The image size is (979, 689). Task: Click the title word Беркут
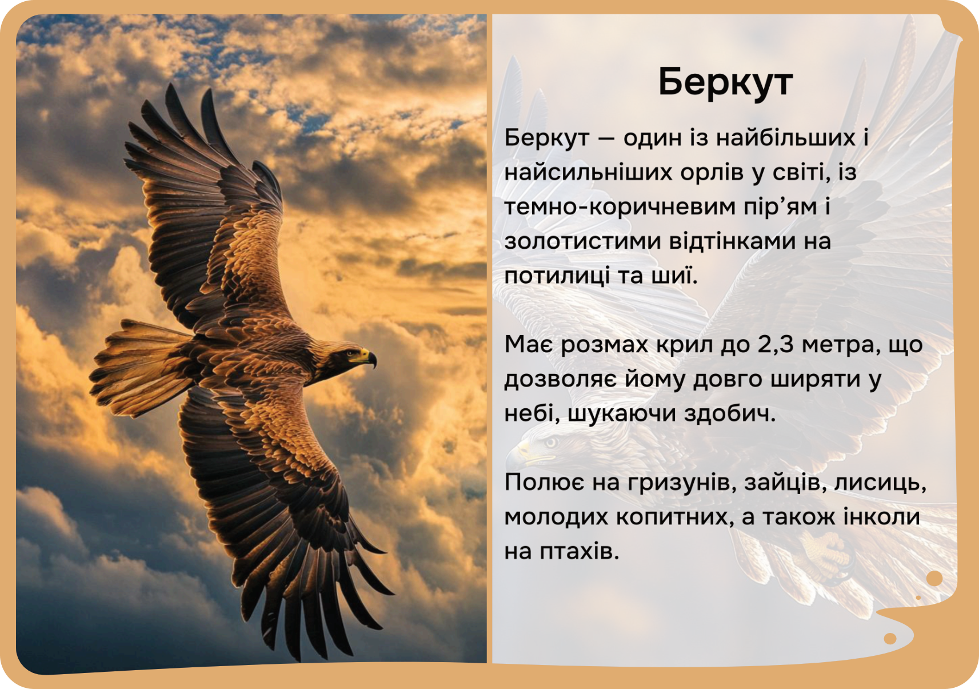725,82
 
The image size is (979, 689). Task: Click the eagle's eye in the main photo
350,353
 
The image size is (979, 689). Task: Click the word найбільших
785,138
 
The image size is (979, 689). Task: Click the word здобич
729,413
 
